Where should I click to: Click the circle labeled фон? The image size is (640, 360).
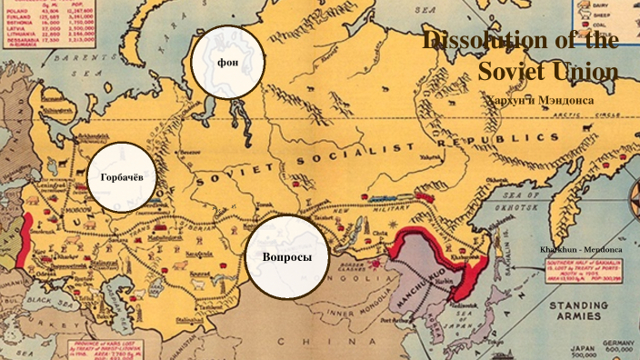[227, 63]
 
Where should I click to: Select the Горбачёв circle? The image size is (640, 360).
[122, 176]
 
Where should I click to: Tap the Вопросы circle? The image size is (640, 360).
[286, 257]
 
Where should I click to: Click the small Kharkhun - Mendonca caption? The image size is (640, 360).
[582, 248]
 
